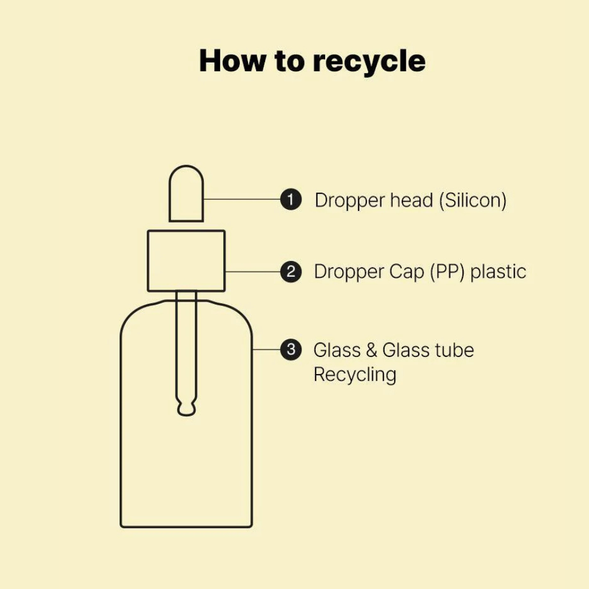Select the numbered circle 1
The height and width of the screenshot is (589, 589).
pyautogui.click(x=291, y=199)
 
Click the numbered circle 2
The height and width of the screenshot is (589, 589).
pyautogui.click(x=291, y=272)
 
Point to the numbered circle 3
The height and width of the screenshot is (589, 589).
pyautogui.click(x=291, y=349)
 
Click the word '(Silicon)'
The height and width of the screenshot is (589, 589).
pyautogui.click(x=473, y=200)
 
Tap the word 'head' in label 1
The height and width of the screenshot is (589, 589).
pyautogui.click(x=412, y=200)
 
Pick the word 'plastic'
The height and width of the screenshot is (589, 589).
pyautogui.click(x=498, y=272)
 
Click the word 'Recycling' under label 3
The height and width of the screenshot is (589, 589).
pyautogui.click(x=355, y=375)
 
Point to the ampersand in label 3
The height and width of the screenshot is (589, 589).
pyautogui.click(x=371, y=350)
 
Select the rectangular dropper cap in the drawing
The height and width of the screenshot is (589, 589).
pyautogui.click(x=148, y=261)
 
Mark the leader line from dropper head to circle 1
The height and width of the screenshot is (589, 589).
pyautogui.click(x=242, y=199)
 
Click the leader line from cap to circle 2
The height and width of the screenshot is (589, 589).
pyautogui.click(x=253, y=272)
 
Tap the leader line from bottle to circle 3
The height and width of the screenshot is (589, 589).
pyautogui.click(x=266, y=349)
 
